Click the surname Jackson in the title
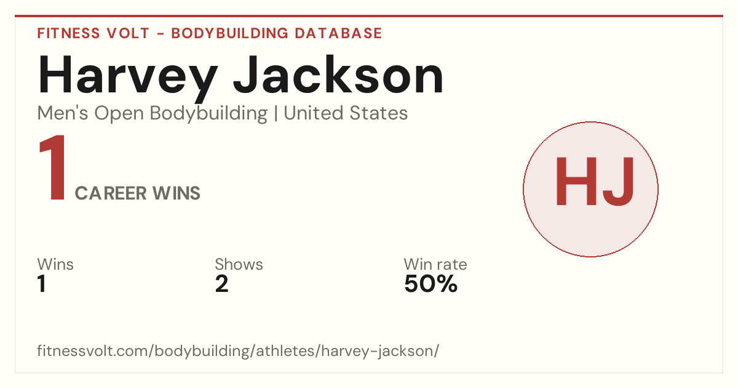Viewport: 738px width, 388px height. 338,75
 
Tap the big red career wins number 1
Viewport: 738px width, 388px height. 53,168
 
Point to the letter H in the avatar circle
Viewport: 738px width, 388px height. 576,181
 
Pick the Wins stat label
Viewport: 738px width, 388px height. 55,264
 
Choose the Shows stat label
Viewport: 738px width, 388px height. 239,264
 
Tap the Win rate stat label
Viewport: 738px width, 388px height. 435,264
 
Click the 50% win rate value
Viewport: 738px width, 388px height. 431,284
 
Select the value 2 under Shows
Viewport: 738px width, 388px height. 222,284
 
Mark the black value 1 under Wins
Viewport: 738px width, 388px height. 42,284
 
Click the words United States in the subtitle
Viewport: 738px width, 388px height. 346,113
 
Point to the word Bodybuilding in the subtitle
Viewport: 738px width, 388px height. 209,114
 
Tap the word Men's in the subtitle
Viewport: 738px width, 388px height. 63,113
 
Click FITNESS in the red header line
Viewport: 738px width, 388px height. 68,33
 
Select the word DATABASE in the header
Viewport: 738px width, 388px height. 338,33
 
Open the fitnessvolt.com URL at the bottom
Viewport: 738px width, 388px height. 238,351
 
